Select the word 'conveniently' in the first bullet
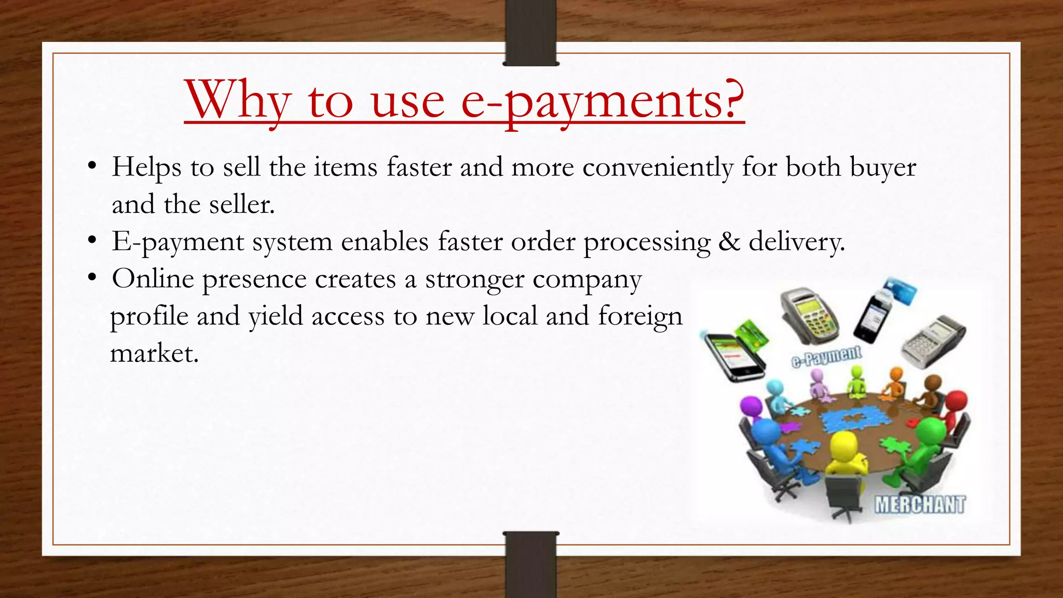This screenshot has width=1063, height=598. [x=658, y=168]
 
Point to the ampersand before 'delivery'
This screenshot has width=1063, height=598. [x=729, y=242]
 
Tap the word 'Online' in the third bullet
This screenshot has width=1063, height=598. [x=153, y=279]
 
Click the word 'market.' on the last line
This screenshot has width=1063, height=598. [x=155, y=354]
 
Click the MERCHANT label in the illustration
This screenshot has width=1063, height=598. [x=920, y=505]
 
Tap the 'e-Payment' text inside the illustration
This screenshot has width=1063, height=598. [x=826, y=357]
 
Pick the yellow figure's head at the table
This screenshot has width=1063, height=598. [x=843, y=445]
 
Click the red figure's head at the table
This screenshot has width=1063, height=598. [x=956, y=401]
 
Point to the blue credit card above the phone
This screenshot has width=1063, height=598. [x=900, y=291]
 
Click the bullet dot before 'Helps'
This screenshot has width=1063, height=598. [x=92, y=167]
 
